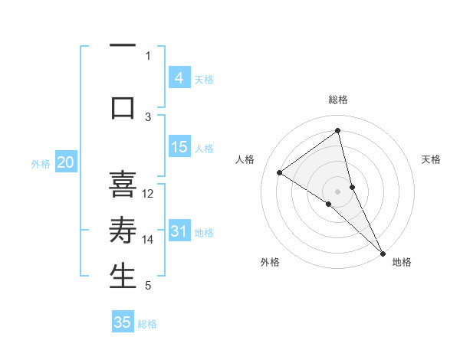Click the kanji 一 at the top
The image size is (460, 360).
123,48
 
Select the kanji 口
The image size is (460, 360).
123,107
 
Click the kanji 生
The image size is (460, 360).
123,276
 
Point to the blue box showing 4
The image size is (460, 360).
179,78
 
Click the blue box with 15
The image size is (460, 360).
179,148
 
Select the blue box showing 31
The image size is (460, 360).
179,232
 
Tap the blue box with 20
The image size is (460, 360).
65,162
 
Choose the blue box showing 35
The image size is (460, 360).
123,322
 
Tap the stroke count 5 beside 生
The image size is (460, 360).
148,286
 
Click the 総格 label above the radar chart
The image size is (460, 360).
337,100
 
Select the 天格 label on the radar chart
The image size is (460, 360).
432,159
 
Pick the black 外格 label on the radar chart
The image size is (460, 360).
270,262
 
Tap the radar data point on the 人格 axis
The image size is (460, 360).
279,172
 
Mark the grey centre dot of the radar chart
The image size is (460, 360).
337,191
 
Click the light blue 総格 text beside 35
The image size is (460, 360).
147,324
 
